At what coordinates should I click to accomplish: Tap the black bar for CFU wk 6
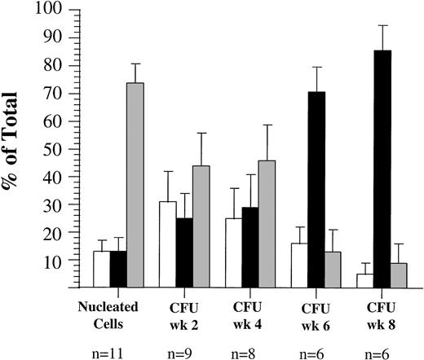pos(314,189)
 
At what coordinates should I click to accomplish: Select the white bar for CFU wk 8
pos(364,280)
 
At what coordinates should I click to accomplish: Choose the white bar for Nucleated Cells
pos(101,269)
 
